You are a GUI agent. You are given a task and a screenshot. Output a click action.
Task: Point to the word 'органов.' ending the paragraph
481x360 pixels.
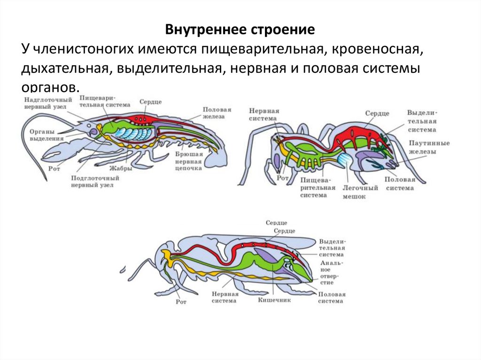pos(47,87)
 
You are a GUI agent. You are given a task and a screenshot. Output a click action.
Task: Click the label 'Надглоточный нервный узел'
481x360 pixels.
pos(48,103)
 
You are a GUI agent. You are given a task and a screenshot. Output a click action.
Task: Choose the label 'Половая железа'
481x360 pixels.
pos(217,113)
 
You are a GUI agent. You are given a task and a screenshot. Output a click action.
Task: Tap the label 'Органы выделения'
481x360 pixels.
pos(43,135)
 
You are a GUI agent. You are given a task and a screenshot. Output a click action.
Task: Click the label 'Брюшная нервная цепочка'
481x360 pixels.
pos(188,161)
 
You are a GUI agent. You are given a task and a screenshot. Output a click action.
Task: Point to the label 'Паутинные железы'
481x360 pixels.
pos(429,147)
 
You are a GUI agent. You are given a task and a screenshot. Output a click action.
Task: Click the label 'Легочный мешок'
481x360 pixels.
pos(360,192)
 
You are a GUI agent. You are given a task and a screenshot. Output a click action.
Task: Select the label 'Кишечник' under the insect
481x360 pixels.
pos(274,299)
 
